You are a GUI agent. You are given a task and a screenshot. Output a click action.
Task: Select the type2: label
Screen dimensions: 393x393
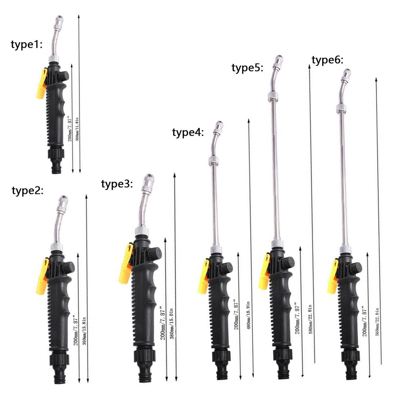pos(28,191)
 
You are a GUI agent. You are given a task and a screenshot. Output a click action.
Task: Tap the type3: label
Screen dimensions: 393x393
pos(117,184)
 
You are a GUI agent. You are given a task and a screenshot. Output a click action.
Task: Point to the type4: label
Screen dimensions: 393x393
pos(188,133)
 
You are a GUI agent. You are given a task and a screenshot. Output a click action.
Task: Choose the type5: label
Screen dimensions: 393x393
pos(247,68)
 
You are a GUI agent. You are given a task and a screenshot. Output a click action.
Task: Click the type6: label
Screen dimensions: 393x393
pos(327,61)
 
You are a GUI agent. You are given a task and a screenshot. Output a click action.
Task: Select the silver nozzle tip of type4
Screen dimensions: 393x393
pos(218,127)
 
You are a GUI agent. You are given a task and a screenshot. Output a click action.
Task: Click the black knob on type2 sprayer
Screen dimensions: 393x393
pos(68,268)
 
